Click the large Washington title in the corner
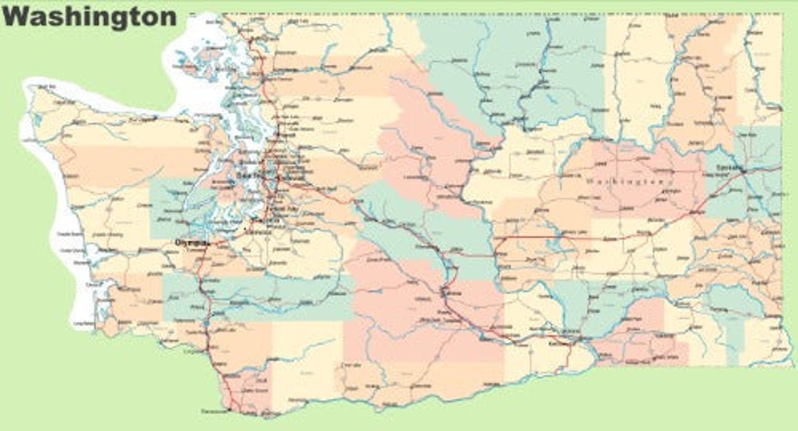click(x=89, y=16)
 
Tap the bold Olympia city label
click(x=190, y=242)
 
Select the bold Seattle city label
click(x=250, y=174)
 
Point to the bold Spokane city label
click(x=729, y=168)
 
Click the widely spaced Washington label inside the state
click(x=627, y=181)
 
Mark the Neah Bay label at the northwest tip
click(x=46, y=87)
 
